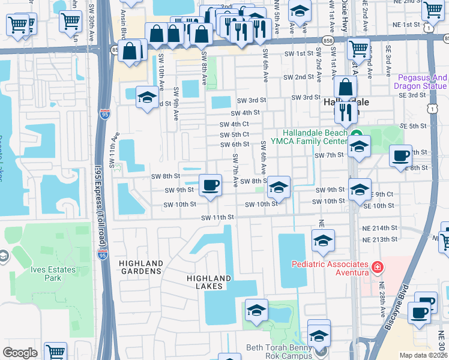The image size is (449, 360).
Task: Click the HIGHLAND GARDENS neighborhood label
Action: coord(140,267)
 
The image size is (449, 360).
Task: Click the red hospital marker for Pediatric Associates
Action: coord(377,267)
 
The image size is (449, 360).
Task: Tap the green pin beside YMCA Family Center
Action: coord(356,134)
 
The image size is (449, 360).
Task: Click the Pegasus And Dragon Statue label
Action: coord(423,82)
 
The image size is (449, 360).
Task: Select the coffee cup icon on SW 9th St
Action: coord(209,185)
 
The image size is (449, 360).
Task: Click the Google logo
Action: coord(20,353)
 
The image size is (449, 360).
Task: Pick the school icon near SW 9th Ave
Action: coord(146,98)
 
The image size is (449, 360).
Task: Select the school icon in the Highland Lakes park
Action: coord(256,310)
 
